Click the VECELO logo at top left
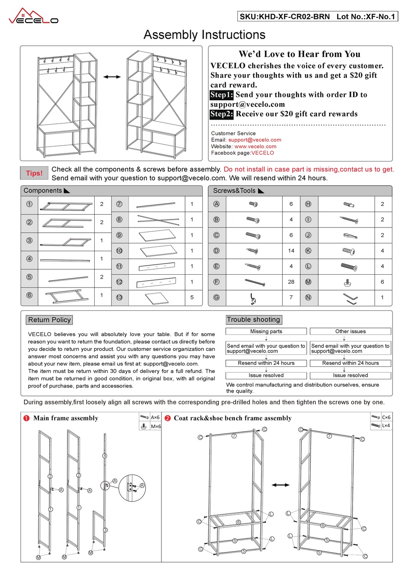click(33, 17)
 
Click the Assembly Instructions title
click(204, 35)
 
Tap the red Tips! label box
click(34, 173)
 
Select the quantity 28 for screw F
click(291, 282)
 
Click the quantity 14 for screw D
click(291, 251)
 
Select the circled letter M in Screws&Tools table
click(308, 282)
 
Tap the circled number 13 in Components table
click(119, 297)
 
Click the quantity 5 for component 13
click(192, 297)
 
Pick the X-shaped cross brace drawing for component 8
click(158, 220)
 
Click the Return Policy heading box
click(49, 320)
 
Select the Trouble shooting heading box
click(254, 320)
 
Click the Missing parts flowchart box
click(266, 331)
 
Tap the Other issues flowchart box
click(350, 331)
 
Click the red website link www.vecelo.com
click(255, 146)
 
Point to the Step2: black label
click(221, 114)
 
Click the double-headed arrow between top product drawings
click(112, 77)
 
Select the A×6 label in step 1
click(155, 417)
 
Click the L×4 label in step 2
click(386, 426)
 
